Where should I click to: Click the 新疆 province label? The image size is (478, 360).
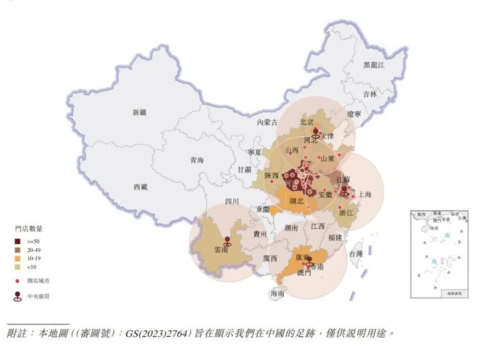click(x=139, y=113)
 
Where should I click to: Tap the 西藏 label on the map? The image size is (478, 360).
click(x=140, y=187)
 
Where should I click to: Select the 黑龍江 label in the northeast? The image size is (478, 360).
click(x=374, y=65)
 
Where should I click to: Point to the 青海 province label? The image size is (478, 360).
click(x=196, y=160)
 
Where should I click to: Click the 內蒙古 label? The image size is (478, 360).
click(x=267, y=123)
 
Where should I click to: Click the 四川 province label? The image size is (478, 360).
click(x=231, y=202)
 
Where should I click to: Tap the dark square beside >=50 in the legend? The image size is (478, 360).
click(x=17, y=240)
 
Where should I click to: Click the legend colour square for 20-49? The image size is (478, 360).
click(x=17, y=250)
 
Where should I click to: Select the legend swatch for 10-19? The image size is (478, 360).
click(x=17, y=259)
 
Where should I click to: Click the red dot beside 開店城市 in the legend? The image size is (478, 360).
click(x=17, y=281)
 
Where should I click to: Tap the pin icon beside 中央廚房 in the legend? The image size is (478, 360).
click(x=17, y=296)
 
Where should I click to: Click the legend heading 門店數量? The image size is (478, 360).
click(x=29, y=228)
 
